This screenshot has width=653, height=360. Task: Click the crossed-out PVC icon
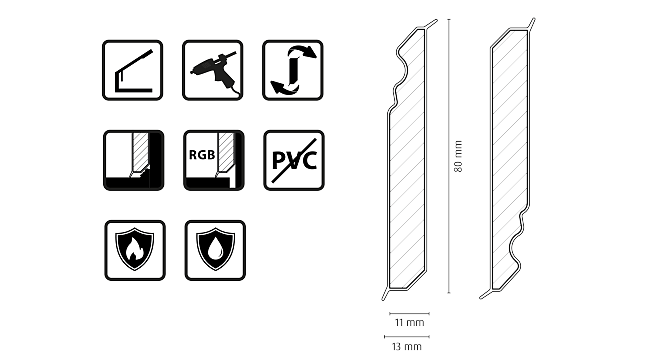[293, 159]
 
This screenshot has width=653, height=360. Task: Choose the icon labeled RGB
[212, 159]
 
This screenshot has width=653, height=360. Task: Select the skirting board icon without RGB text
[134, 159]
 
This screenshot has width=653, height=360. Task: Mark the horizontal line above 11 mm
[405, 314]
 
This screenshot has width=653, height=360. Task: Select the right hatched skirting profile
[510, 160]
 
